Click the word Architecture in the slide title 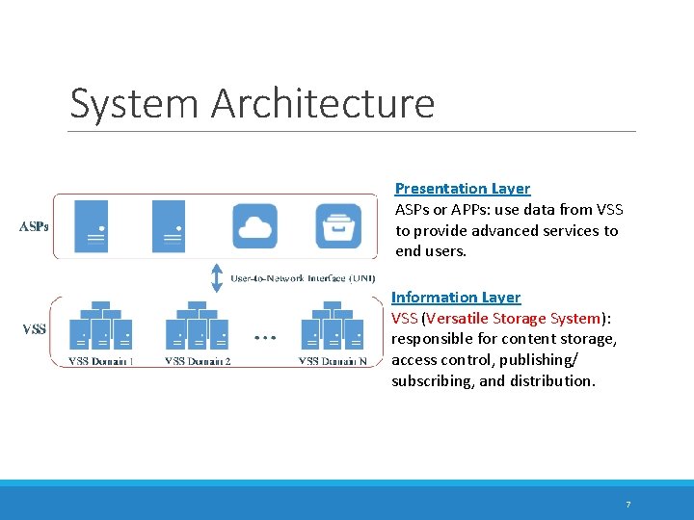[323, 103]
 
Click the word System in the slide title [135, 103]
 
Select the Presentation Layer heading [463, 189]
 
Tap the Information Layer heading [456, 298]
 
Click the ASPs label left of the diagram [35, 227]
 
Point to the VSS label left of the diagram [34, 329]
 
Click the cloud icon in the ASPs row [254, 226]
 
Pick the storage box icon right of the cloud [339, 226]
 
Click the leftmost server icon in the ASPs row [92, 226]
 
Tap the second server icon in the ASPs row [169, 226]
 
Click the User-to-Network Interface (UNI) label [303, 278]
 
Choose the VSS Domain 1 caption [101, 362]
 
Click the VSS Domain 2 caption [198, 362]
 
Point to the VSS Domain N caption [333, 362]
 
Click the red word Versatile [457, 319]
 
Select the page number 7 [627, 505]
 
